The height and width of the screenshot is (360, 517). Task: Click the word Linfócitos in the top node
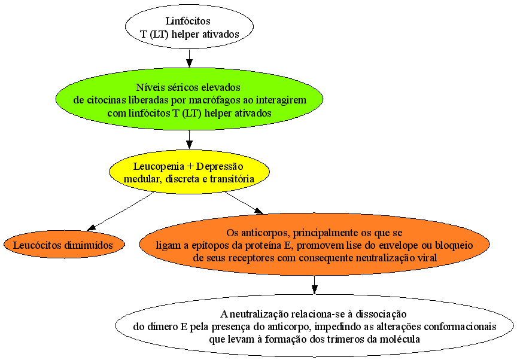tap(188, 21)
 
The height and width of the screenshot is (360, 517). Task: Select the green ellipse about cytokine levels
tap(189, 99)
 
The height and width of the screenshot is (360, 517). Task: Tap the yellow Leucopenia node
tap(189, 172)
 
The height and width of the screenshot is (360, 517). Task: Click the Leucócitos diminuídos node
tap(64, 245)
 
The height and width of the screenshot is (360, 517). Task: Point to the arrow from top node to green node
tap(189, 58)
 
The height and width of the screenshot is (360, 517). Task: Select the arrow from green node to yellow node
tap(189, 140)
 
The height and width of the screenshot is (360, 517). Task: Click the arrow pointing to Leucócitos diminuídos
tap(120, 211)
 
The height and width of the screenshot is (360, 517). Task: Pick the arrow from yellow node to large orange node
tap(244, 203)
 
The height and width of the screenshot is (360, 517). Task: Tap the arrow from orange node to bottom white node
tap(315, 284)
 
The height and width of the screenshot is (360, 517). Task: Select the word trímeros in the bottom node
tap(330, 339)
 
